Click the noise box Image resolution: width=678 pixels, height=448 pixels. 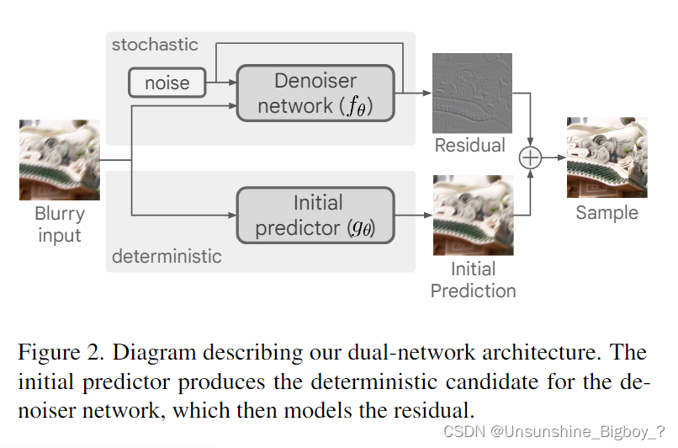167,83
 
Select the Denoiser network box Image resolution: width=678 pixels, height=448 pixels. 315,93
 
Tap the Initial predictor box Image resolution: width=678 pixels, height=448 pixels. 315,215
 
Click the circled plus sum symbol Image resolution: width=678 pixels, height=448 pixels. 530,158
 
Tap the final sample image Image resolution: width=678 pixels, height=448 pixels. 606,157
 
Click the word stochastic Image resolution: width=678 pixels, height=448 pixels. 155,45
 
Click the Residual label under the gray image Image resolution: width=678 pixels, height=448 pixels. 470,146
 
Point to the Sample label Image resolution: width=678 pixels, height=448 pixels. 606,212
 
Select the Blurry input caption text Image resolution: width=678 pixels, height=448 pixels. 59,225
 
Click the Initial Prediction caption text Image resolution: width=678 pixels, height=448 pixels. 473,280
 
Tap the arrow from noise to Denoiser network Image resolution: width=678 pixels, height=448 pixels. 222,83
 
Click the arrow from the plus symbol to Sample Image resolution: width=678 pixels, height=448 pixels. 552,158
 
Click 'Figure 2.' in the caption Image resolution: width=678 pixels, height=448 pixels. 56,351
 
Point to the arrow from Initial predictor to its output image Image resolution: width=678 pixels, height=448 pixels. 413,215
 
